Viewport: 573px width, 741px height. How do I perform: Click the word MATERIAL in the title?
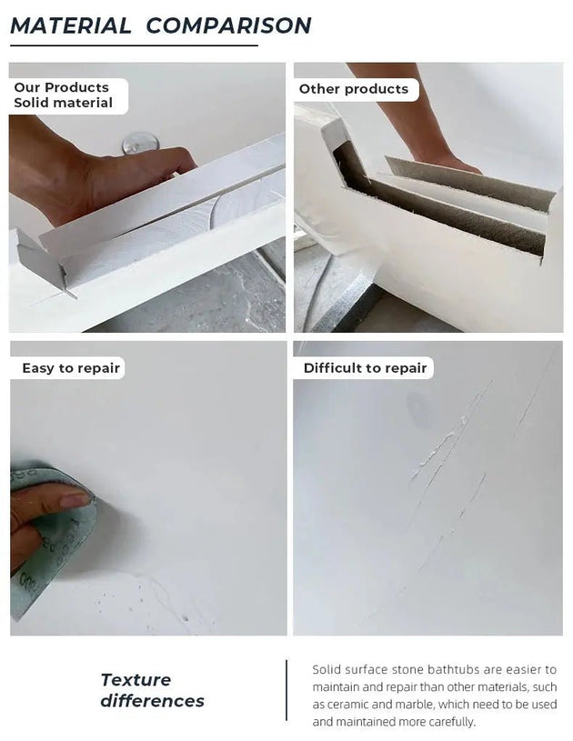coord(70,25)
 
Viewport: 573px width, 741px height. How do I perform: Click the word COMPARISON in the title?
coord(228,25)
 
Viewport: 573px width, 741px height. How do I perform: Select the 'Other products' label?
coord(354,89)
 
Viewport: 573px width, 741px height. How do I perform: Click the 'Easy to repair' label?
coord(71,368)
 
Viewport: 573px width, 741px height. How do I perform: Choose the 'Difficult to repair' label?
coord(365,368)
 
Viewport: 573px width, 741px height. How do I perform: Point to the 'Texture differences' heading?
coord(152,690)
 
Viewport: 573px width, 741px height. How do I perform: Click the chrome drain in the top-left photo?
coord(136,143)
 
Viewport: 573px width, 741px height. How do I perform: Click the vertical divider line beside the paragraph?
coord(286,691)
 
